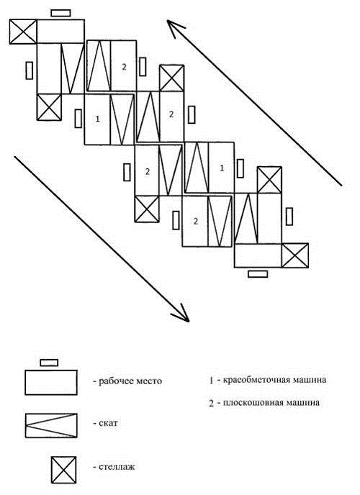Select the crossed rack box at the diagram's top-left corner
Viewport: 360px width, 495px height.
(23, 32)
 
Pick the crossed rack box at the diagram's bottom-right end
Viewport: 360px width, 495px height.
(295, 255)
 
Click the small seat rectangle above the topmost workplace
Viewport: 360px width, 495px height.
(60, 13)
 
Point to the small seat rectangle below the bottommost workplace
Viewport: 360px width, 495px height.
(258, 274)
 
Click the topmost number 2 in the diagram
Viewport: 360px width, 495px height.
(124, 67)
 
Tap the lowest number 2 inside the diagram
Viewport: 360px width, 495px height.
(196, 221)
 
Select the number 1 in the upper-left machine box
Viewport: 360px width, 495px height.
(98, 119)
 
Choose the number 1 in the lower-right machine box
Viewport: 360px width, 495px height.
(222, 168)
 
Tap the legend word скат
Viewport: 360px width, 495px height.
(108, 423)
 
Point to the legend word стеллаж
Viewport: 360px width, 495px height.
(117, 467)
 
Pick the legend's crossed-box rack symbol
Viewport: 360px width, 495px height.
(64, 469)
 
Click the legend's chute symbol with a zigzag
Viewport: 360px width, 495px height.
(51, 425)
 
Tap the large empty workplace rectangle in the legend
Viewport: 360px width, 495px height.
(51, 382)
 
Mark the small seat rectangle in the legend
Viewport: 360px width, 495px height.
(49, 363)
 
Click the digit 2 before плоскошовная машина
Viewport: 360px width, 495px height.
(211, 404)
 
